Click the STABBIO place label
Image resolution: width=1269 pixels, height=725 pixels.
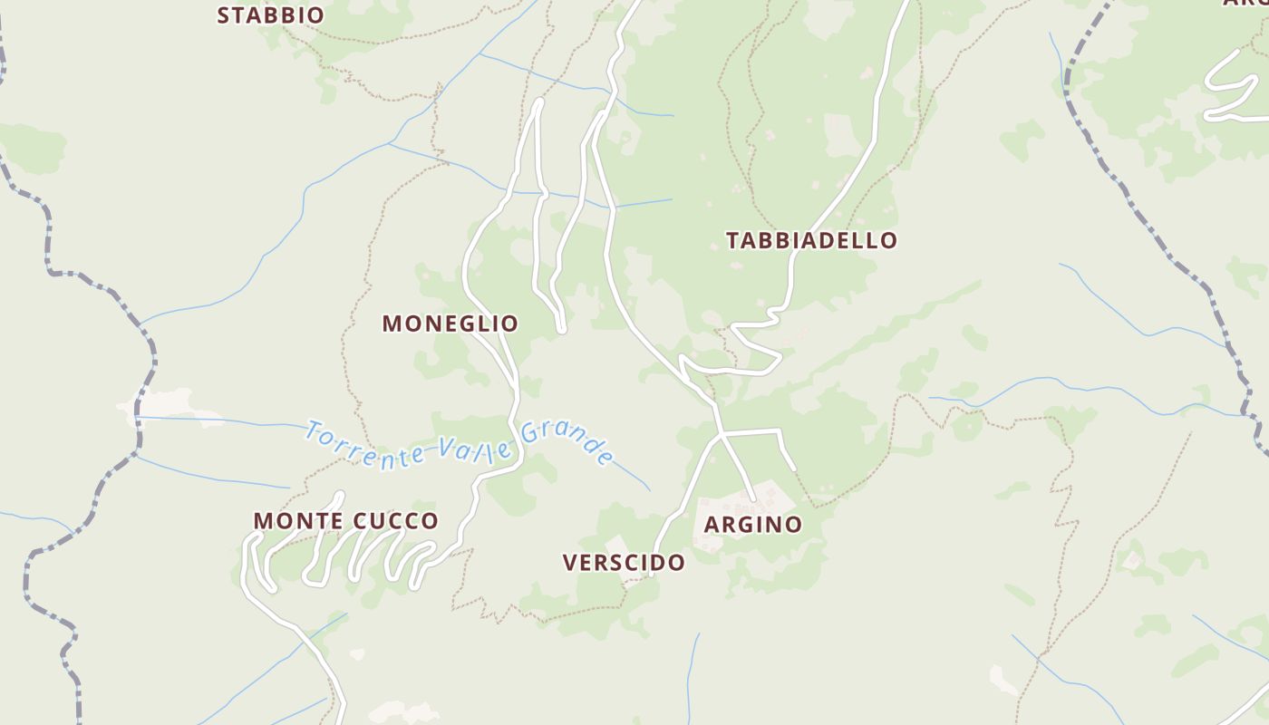point(270,15)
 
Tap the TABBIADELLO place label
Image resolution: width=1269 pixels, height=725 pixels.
point(811,240)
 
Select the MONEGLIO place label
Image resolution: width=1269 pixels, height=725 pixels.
point(450,324)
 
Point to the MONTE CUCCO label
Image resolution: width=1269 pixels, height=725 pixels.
point(345,521)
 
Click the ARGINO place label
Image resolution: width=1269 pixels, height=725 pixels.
point(752,525)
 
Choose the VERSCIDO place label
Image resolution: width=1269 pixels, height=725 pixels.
point(624,563)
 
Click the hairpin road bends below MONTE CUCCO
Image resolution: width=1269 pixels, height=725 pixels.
point(354,557)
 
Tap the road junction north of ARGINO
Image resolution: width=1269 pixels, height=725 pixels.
point(722,436)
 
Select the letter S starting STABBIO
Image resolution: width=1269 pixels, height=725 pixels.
point(224,15)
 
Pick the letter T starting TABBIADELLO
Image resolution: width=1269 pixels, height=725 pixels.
point(732,240)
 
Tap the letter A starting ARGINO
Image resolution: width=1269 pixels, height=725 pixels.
point(712,525)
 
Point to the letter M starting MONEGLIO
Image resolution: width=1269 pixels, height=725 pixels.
point(392,324)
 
